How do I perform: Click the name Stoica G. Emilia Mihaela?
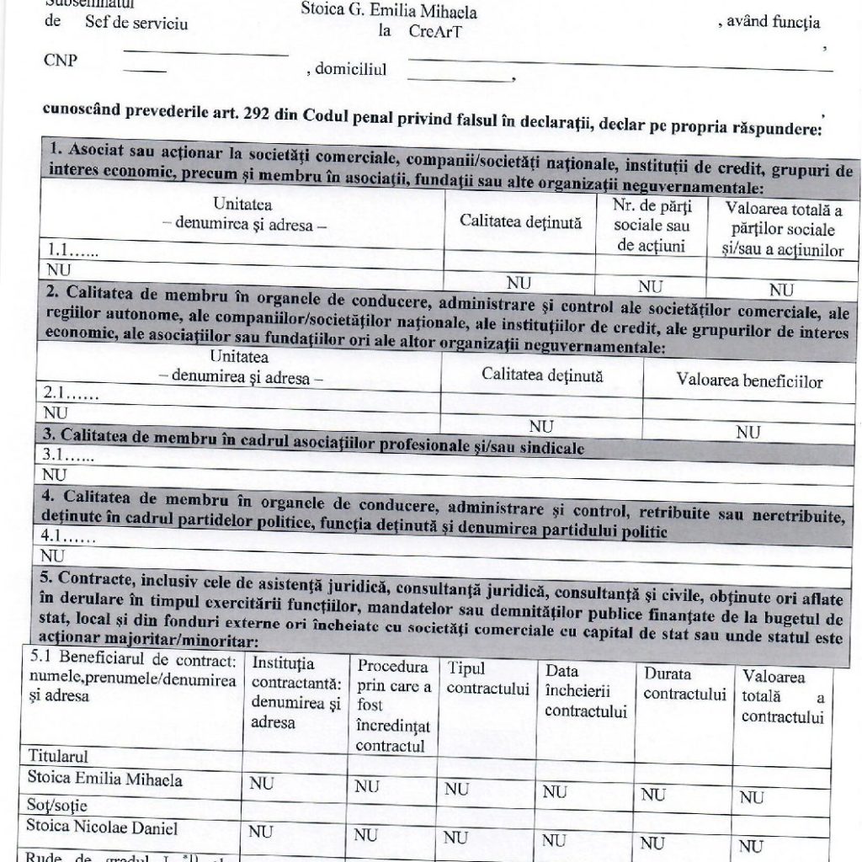(x=400, y=12)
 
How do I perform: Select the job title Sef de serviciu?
(x=136, y=23)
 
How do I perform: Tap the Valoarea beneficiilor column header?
(x=749, y=380)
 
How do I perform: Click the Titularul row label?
(x=58, y=755)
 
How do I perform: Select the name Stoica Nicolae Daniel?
(x=103, y=827)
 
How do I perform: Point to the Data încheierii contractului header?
(x=586, y=691)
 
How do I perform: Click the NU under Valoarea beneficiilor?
(x=748, y=433)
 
